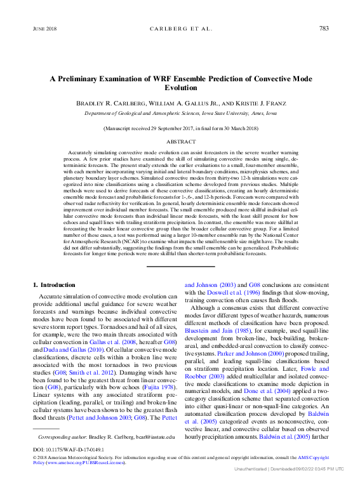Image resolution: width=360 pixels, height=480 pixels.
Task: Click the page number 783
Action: click(x=323, y=29)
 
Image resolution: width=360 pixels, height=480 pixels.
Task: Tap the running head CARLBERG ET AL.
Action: click(x=180, y=29)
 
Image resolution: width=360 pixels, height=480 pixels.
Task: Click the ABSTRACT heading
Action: click(x=181, y=142)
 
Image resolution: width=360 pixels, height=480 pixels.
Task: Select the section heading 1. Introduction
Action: click(x=53, y=285)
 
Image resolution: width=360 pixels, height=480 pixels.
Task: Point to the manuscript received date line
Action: click(x=181, y=128)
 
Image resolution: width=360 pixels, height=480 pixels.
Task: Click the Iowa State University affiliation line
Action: click(x=181, y=113)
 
